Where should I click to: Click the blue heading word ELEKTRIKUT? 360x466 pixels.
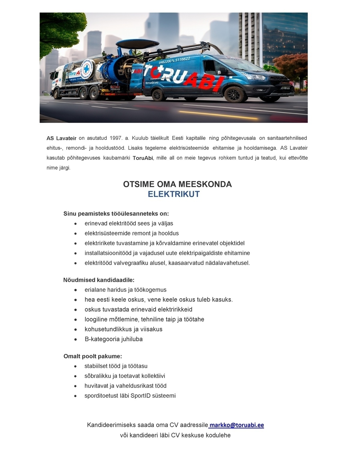174,194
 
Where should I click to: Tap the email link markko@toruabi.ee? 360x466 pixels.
237,425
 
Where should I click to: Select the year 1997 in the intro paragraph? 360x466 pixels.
115,138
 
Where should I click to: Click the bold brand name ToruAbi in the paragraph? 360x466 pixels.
143,158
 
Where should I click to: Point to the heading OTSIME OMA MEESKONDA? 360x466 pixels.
177,184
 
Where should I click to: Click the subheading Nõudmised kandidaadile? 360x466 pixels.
99,280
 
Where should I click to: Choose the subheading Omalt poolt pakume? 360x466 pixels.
93,356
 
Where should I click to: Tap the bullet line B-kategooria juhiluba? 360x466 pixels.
113,339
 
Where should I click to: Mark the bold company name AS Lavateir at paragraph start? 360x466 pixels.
61,138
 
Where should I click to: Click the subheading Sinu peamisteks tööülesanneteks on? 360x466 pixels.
116,214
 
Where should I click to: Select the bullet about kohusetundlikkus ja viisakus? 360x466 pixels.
123,329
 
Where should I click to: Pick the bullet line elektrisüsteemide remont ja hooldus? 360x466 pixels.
131,233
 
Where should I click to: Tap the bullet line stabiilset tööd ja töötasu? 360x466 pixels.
116,366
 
